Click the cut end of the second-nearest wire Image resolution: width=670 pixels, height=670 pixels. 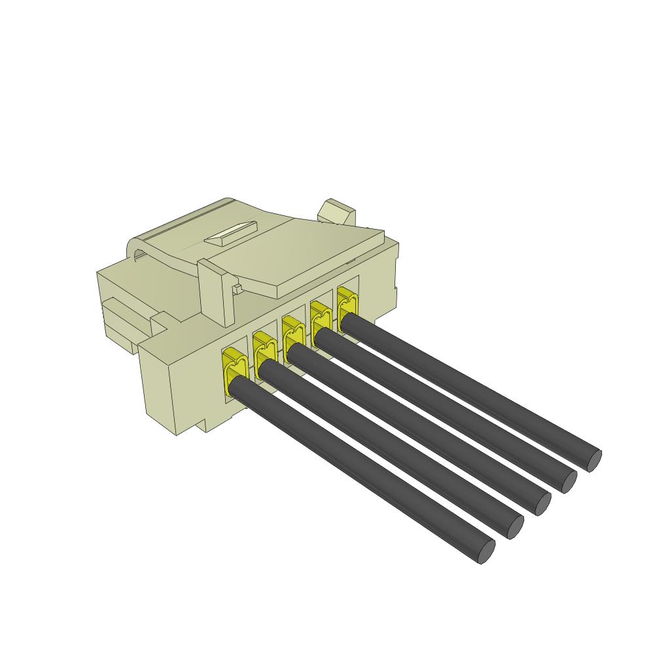click(x=515, y=528)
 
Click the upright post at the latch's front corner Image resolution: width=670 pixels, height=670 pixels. click(x=215, y=291)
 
